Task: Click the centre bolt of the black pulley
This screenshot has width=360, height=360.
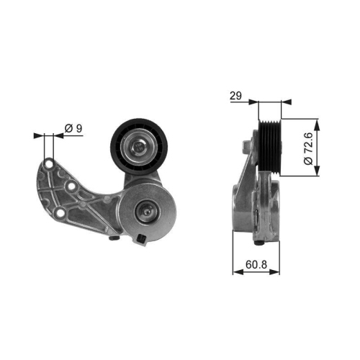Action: pyautogui.click(x=137, y=149)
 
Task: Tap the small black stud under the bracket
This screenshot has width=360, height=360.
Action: pyautogui.click(x=116, y=238)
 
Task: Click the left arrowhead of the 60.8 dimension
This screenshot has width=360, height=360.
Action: pyautogui.click(x=236, y=272)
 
